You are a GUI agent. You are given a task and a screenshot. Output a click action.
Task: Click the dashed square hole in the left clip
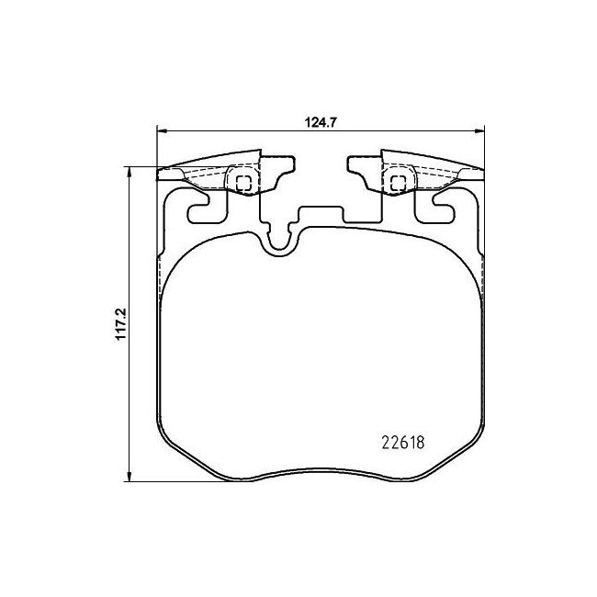click(x=243, y=183)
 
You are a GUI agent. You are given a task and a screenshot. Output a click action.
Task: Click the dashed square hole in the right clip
click(x=398, y=183)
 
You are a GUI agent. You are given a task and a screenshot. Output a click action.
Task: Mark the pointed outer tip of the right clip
click(x=479, y=172)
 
